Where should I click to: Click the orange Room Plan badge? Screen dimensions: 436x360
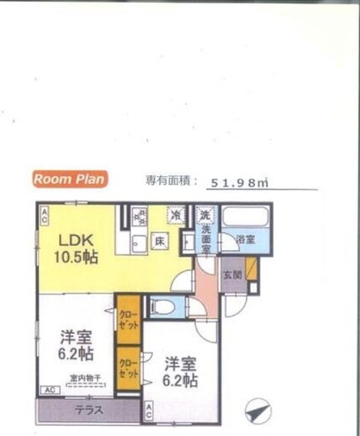click(x=68, y=179)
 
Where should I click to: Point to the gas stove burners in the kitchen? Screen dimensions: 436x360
click(x=140, y=216)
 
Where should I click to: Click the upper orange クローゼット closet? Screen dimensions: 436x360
click(x=127, y=318)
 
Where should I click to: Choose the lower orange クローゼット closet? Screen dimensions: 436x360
click(x=127, y=369)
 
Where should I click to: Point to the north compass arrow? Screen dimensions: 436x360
click(x=256, y=413)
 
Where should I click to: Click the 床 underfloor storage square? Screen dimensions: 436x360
click(x=157, y=240)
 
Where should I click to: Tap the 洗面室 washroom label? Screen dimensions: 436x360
click(x=205, y=240)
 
